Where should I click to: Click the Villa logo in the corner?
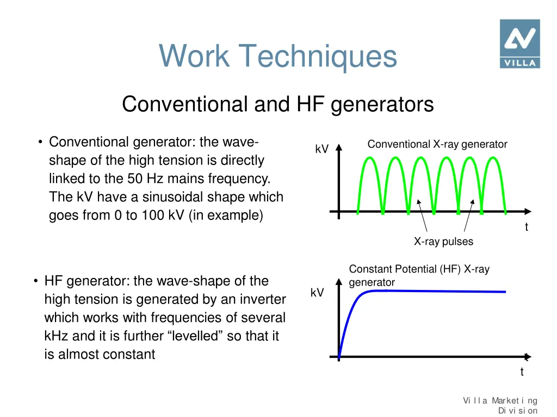click(519, 43)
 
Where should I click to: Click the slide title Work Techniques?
click(278, 56)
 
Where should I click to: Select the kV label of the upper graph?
click(322, 149)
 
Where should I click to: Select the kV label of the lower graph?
click(317, 293)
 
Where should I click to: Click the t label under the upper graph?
click(526, 228)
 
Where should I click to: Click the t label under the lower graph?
click(522, 372)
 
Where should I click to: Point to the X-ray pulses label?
click(443, 242)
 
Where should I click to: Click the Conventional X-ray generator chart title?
click(437, 144)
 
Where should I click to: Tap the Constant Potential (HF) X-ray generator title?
click(419, 275)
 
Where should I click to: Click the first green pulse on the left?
click(370, 179)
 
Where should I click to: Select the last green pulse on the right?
click(494, 179)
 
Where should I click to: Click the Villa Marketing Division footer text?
click(500, 406)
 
